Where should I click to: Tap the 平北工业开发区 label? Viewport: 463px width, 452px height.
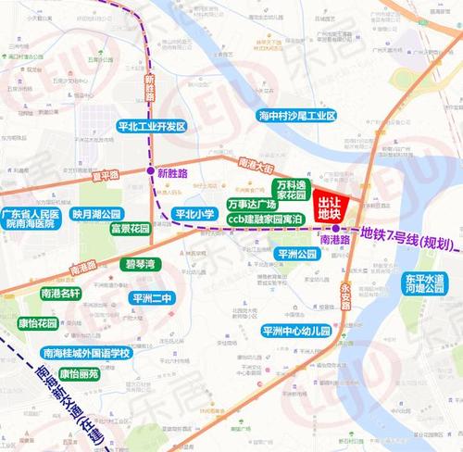pyautogui.click(x=153, y=126)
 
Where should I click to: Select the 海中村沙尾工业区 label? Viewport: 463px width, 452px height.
pyautogui.click(x=297, y=116)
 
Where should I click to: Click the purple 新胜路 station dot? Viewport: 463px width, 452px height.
pyautogui.click(x=151, y=171)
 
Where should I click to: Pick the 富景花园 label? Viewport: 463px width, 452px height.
pyautogui.click(x=130, y=228)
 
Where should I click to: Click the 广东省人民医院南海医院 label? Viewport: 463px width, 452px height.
pyautogui.click(x=32, y=219)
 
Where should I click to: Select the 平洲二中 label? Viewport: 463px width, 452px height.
pyautogui.click(x=149, y=297)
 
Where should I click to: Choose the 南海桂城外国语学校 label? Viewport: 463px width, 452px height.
pyautogui.click(x=87, y=353)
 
